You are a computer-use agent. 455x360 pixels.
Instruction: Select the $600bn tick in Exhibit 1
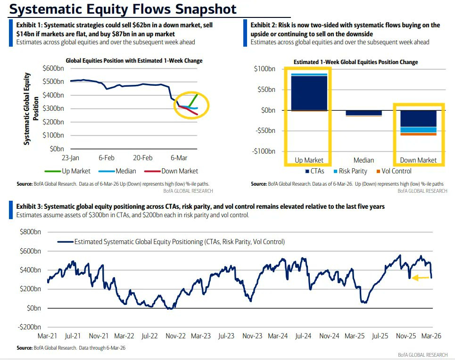pos(53,68)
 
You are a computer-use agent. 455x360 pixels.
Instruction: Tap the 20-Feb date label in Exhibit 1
pos(142,158)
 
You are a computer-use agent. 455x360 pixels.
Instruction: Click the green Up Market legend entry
pos(67,171)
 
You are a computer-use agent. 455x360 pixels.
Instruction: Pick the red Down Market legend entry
pos(171,171)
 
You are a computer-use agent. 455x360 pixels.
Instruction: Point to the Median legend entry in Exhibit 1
pos(117,171)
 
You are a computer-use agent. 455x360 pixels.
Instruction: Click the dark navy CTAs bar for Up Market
pos(309,93)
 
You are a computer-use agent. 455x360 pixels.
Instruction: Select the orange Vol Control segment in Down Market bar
pos(418,134)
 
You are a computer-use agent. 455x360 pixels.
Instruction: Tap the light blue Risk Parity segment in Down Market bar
pos(418,130)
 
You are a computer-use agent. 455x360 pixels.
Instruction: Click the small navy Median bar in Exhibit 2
pos(364,113)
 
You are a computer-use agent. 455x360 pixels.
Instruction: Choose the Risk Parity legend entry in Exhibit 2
pos(350,171)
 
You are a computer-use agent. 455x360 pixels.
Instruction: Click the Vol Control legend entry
pos(394,171)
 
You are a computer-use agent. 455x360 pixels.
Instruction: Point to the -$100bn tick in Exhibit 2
pos(264,151)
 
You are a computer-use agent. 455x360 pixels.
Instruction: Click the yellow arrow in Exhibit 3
pos(421,278)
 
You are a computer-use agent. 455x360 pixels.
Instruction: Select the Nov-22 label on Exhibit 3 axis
pos(175,336)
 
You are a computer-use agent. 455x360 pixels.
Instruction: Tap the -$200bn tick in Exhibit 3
pos(29,327)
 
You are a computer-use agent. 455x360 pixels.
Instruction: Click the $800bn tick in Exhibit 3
pos(30,232)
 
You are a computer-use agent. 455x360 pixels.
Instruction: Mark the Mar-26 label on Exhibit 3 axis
pos(431,336)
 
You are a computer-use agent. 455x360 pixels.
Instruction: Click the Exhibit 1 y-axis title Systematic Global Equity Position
pos(31,108)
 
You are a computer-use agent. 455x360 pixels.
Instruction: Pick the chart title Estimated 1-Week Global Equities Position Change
pos(356,62)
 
